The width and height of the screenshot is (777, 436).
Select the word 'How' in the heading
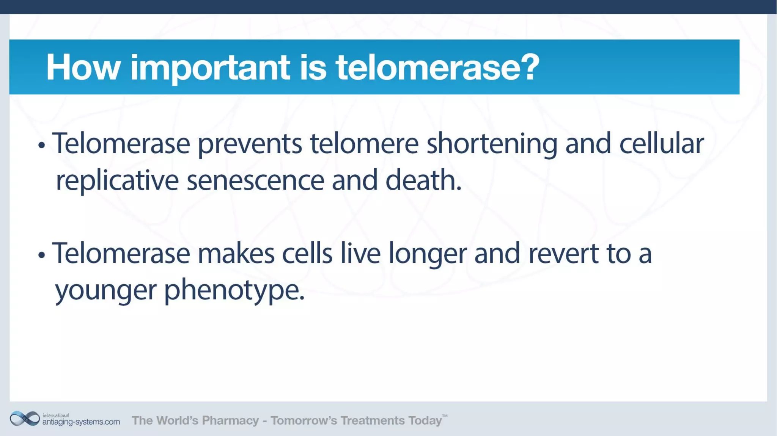(83, 67)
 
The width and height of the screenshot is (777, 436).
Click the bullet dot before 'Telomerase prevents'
(42, 145)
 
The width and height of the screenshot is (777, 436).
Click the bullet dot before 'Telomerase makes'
(42, 255)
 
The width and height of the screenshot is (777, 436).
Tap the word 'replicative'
(117, 181)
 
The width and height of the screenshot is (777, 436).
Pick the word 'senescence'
(255, 181)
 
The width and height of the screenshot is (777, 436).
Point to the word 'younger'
(105, 290)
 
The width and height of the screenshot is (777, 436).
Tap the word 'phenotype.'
(234, 290)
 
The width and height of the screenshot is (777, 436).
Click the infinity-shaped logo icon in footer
(25, 419)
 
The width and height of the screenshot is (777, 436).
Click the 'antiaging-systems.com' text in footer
(81, 422)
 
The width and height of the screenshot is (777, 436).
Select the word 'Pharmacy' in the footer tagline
(230, 420)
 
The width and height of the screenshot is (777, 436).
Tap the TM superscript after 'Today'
(445, 416)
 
